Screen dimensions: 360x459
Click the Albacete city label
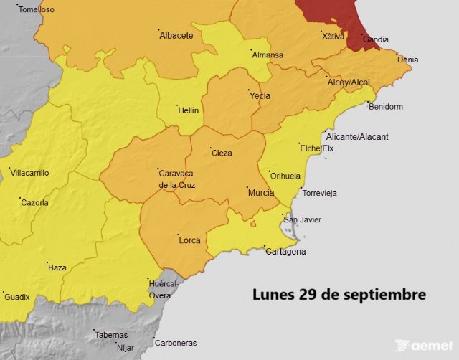176,35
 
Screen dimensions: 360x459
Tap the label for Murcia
260,193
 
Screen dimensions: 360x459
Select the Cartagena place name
285,251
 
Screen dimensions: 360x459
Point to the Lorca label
189,240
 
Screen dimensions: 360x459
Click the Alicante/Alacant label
356,136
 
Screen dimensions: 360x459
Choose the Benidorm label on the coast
385,107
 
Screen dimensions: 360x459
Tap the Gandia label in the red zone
376,39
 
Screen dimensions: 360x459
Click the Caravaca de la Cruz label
176,179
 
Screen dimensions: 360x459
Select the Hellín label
188,110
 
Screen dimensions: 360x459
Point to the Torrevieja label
320,194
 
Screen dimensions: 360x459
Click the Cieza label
222,153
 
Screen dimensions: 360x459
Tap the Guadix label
17,297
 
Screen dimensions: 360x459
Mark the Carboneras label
176,343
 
